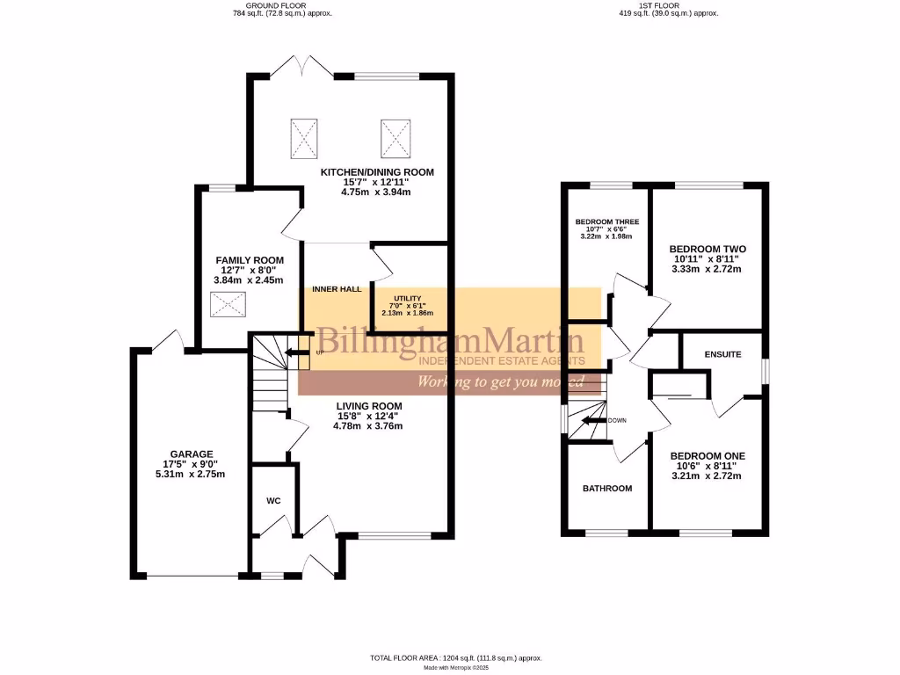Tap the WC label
(272, 501)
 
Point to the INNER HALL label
(337, 288)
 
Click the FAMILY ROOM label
(250, 260)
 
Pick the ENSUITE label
(722, 354)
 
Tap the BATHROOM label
(607, 488)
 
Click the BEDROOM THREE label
(607, 221)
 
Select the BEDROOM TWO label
(707, 250)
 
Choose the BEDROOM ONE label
(707, 456)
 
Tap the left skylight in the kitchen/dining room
(303, 136)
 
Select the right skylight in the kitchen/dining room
(396, 136)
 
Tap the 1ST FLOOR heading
(670, 5)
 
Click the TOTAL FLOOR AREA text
(454, 657)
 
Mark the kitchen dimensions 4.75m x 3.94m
(376, 192)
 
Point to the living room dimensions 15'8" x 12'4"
(367, 416)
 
